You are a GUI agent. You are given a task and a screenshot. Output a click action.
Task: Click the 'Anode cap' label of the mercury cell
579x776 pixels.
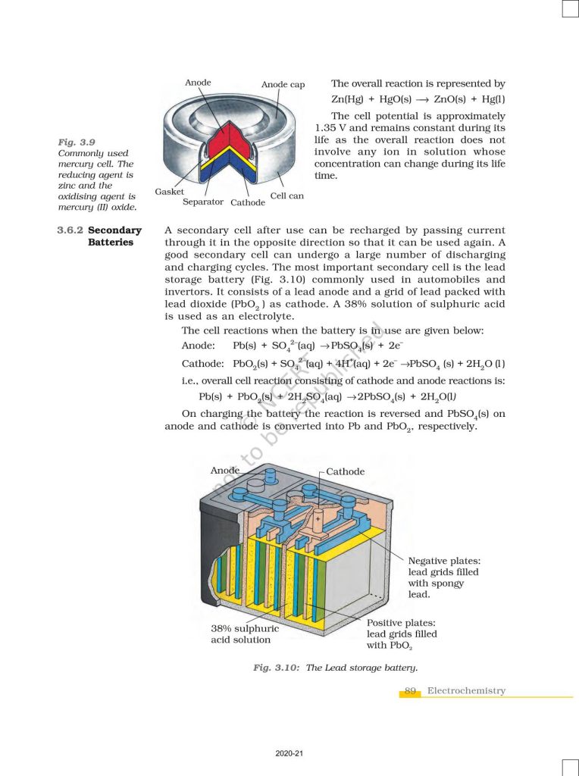click(x=283, y=85)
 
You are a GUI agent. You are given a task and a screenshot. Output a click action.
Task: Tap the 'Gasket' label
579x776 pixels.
click(x=169, y=192)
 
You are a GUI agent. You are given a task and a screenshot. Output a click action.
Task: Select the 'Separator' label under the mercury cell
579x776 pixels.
click(x=203, y=202)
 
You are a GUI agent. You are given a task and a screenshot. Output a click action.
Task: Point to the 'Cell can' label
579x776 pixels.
click(x=287, y=196)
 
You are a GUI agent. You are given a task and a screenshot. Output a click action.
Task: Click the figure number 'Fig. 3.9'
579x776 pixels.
click(x=77, y=142)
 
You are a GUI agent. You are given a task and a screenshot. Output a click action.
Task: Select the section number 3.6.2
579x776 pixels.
click(x=70, y=230)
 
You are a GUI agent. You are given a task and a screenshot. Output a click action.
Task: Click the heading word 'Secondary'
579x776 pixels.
click(x=114, y=230)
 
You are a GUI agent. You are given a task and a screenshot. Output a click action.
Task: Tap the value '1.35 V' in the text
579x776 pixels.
click(x=331, y=128)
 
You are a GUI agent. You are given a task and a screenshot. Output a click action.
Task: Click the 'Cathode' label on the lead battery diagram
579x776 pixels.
click(x=345, y=471)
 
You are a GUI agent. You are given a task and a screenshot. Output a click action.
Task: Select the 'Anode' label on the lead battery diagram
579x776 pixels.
click(x=225, y=470)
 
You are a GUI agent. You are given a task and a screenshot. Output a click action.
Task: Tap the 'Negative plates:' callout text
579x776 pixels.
click(x=444, y=561)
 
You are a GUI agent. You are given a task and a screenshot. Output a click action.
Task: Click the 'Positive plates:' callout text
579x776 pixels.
click(x=402, y=623)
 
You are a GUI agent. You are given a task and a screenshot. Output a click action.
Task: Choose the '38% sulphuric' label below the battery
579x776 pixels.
click(x=245, y=628)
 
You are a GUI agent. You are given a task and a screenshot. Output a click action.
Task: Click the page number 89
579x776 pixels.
click(x=410, y=690)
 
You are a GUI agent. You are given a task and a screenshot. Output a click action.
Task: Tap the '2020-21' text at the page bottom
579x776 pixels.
click(x=289, y=754)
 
